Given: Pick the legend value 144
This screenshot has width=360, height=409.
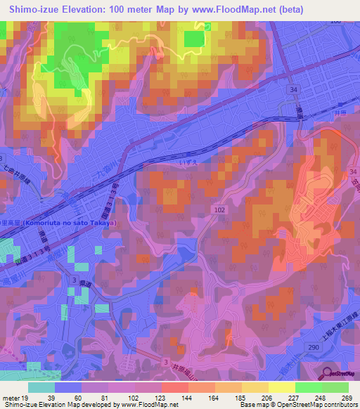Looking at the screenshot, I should (186, 398).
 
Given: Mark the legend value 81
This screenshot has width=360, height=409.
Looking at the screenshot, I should (105, 398).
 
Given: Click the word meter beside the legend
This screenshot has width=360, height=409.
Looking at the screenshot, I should (10, 398).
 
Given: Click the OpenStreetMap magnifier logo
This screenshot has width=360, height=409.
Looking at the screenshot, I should (329, 374).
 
